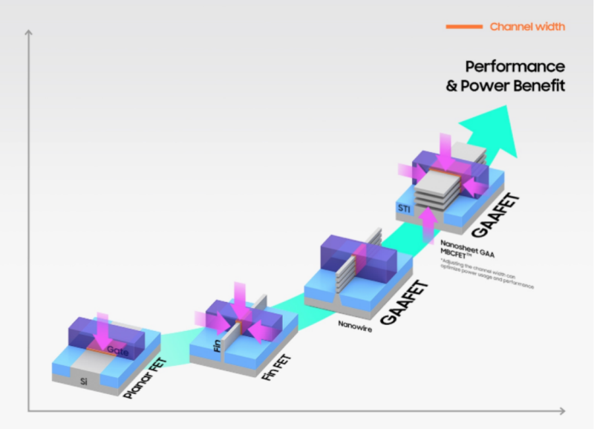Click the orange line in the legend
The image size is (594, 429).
463,27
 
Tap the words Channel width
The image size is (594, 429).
527,27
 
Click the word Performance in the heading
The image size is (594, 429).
515,66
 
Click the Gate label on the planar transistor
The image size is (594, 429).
117,349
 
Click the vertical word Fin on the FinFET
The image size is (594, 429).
217,346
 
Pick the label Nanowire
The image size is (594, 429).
354,324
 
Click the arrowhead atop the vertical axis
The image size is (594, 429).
28,33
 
